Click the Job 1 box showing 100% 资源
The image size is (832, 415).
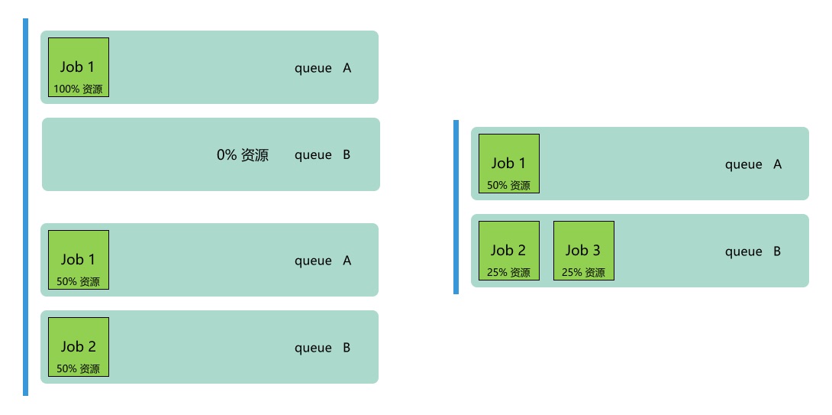(x=79, y=67)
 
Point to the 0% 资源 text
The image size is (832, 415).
(x=243, y=155)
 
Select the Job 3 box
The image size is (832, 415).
(x=584, y=251)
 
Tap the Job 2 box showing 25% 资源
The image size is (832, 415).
(x=509, y=251)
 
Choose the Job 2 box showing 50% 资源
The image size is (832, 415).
(x=79, y=347)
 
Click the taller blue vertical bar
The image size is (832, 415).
(x=25, y=207)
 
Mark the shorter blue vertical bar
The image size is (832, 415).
(x=456, y=206)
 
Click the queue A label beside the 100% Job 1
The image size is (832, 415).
(x=323, y=68)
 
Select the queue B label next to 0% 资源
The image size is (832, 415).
(x=323, y=155)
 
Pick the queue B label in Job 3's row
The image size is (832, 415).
(x=753, y=251)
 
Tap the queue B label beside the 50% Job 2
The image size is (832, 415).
(x=323, y=348)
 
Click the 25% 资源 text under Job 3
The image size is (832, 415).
(x=583, y=272)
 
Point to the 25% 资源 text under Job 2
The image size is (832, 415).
(x=508, y=272)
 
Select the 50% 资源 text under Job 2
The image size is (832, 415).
(x=78, y=368)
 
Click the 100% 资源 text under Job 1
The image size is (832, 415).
(x=78, y=89)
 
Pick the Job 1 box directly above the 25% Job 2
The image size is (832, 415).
(x=509, y=164)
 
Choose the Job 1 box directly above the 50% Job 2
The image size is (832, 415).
(x=79, y=260)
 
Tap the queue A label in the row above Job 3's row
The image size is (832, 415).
(x=753, y=164)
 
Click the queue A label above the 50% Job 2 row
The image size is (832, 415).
(x=323, y=261)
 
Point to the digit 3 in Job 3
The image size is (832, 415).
(x=596, y=250)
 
